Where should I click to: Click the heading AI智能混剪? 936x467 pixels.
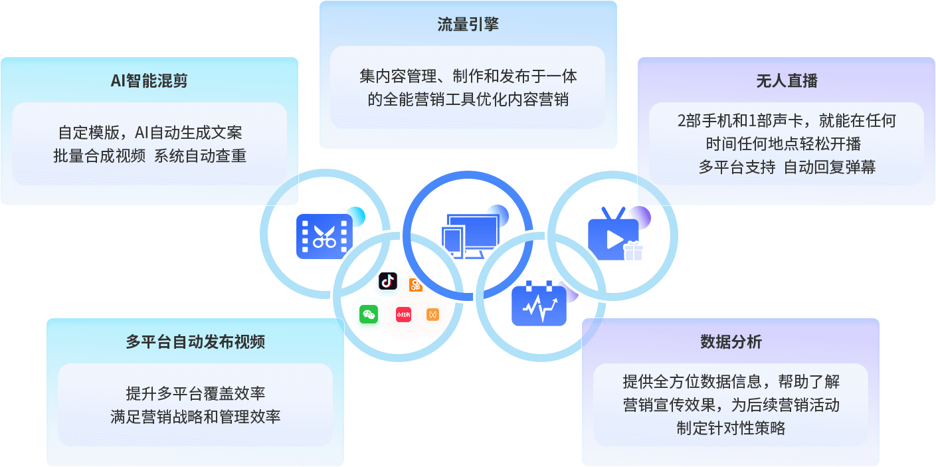149,81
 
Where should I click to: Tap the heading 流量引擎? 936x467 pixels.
468,25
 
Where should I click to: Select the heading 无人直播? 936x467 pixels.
787,81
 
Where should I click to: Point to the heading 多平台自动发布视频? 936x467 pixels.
195,342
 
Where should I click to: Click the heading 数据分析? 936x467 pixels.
731,342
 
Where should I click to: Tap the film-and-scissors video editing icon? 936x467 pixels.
324,236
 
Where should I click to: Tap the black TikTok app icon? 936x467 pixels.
388,282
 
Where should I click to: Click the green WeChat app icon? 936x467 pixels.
369,314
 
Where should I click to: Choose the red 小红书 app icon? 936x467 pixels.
403,314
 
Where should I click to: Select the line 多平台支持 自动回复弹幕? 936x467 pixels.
787,167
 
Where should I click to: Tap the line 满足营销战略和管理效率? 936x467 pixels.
195,417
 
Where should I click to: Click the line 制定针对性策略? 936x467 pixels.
731,428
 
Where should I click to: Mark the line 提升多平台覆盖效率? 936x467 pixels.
195,393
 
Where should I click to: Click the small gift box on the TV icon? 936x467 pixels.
633,251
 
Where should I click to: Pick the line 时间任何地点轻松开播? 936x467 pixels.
787,144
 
